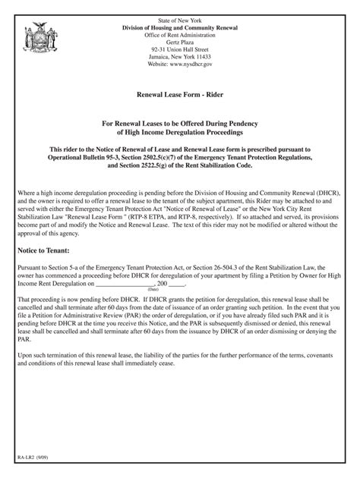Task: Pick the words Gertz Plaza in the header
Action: coord(180,36)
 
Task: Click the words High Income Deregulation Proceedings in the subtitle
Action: coord(180,132)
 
